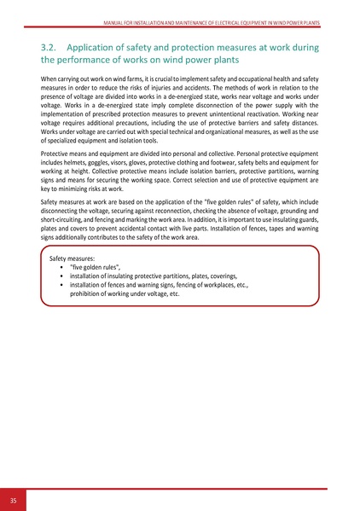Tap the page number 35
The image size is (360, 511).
pos(14,499)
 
